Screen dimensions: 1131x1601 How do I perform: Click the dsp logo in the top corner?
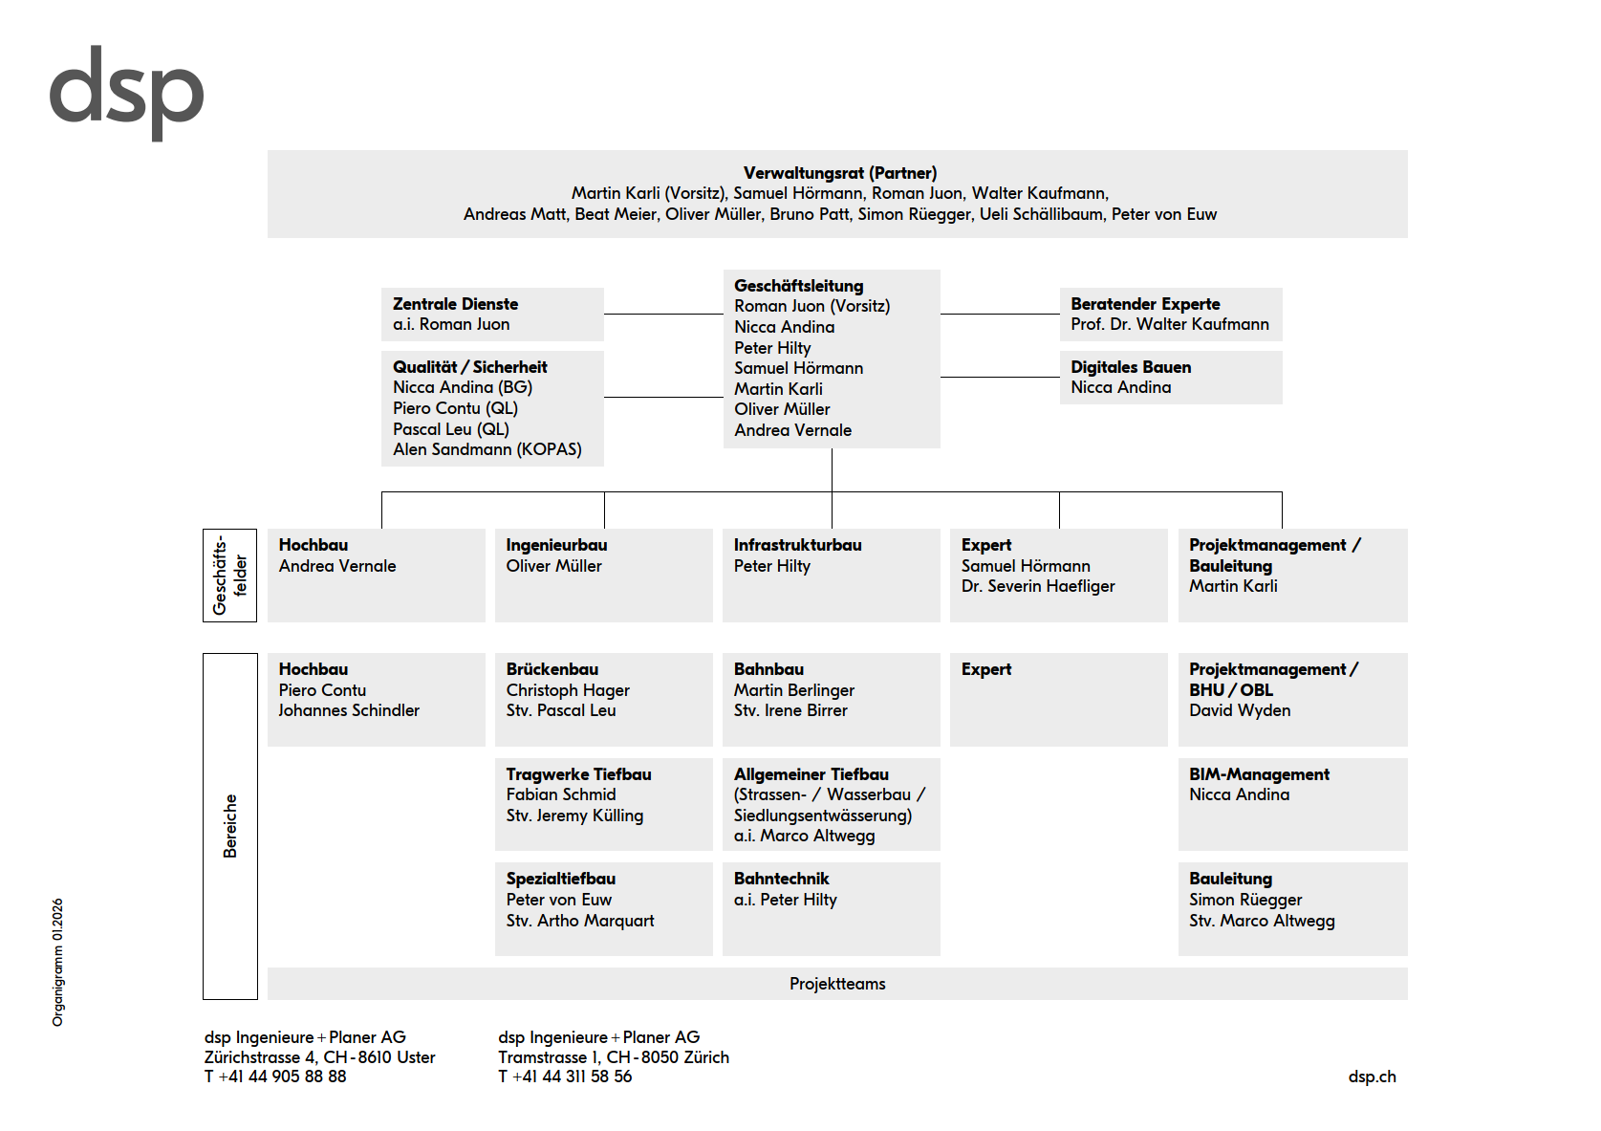pos(126,92)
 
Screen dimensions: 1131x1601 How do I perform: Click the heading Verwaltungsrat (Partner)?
pos(839,173)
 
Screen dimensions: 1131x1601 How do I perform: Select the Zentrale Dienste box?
pos(492,314)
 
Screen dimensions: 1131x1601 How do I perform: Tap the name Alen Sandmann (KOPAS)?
pos(487,449)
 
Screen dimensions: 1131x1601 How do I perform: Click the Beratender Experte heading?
pos(1144,304)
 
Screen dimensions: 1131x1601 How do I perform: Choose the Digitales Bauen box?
pos(1170,378)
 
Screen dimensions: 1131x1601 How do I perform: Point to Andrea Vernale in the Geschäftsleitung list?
pos(792,430)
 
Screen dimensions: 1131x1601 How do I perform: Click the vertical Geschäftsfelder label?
pos(229,575)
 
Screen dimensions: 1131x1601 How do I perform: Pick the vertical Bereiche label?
pos(229,825)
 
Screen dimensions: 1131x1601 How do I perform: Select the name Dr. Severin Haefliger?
pos(1037,586)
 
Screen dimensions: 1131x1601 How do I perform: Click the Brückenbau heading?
pos(552,669)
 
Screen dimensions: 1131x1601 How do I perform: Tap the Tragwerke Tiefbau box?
pos(603,804)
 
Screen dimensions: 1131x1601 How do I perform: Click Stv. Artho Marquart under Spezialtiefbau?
pos(579,921)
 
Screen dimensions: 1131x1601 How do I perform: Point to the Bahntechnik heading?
pos(781,879)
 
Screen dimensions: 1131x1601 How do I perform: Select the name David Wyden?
pos(1239,710)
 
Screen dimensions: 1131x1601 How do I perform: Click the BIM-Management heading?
pos(1258,774)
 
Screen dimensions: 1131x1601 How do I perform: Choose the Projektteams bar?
pos(836,984)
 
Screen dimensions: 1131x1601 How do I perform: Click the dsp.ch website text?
pos(1372,1077)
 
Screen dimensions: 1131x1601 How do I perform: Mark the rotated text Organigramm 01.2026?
pos(58,962)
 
